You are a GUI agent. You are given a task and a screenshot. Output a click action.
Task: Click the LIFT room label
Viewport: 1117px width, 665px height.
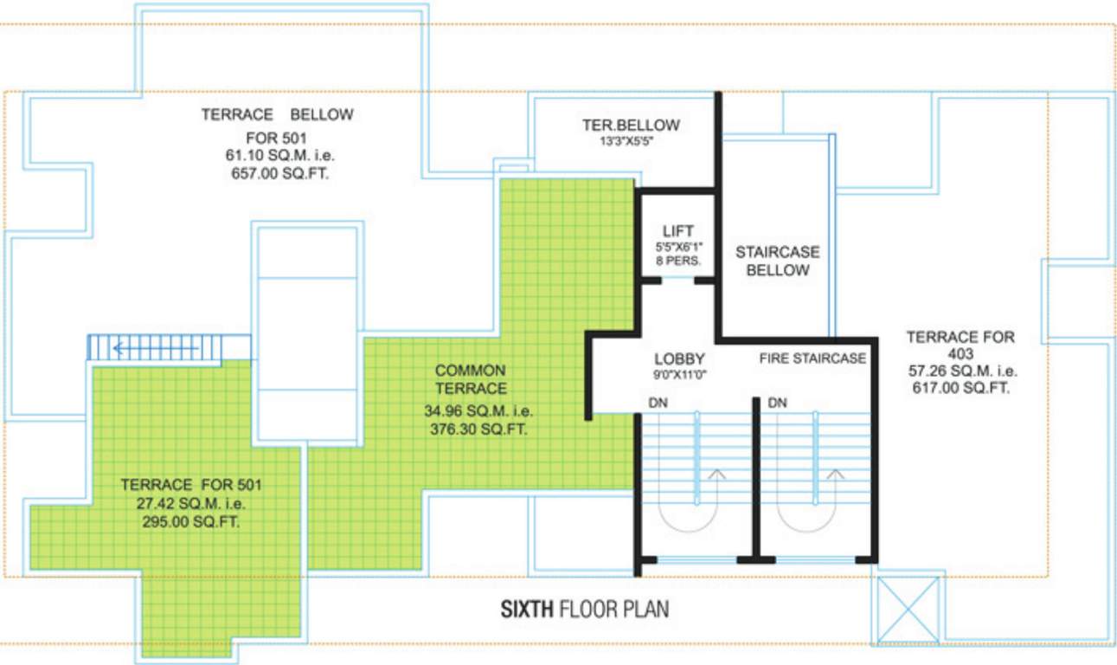(x=678, y=231)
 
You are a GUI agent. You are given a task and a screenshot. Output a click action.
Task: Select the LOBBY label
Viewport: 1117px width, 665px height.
(x=679, y=358)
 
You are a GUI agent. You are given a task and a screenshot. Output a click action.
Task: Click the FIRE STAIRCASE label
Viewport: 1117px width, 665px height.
(x=812, y=358)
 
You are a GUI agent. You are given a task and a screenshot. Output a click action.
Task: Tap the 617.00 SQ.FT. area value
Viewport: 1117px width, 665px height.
(x=960, y=388)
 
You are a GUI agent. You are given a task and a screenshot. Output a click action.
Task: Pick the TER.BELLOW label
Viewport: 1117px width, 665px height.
(x=630, y=126)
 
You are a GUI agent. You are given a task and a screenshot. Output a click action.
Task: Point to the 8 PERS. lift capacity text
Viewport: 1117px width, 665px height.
(x=677, y=260)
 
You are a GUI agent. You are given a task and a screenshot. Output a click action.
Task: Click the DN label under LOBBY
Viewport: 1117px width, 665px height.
(x=658, y=403)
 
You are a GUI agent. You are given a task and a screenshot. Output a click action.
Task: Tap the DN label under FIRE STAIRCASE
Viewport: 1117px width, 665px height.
(x=777, y=403)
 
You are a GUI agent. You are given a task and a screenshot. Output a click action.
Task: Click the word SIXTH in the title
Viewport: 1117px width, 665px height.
(x=528, y=610)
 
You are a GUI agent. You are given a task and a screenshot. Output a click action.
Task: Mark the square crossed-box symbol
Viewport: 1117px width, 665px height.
(x=908, y=610)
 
